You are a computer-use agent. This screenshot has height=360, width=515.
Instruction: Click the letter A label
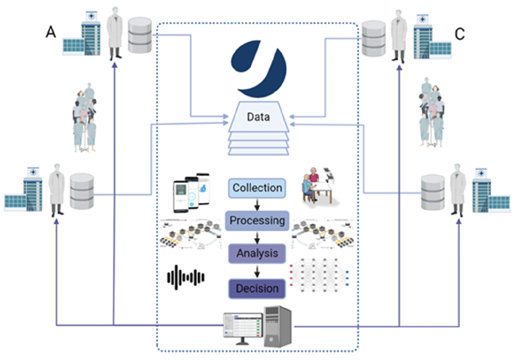[51, 32]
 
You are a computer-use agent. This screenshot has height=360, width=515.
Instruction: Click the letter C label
[460, 34]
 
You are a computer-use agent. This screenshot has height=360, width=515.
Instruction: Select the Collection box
[257, 188]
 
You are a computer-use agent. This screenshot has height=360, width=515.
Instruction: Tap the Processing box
[257, 220]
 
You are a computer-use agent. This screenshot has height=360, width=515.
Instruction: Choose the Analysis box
[257, 253]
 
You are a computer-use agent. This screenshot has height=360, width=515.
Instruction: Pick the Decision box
[257, 288]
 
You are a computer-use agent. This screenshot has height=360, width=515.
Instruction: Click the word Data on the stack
[257, 117]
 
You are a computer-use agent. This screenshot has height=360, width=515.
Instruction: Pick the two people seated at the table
[315, 186]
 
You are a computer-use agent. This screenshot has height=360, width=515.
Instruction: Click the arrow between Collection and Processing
[257, 204]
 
